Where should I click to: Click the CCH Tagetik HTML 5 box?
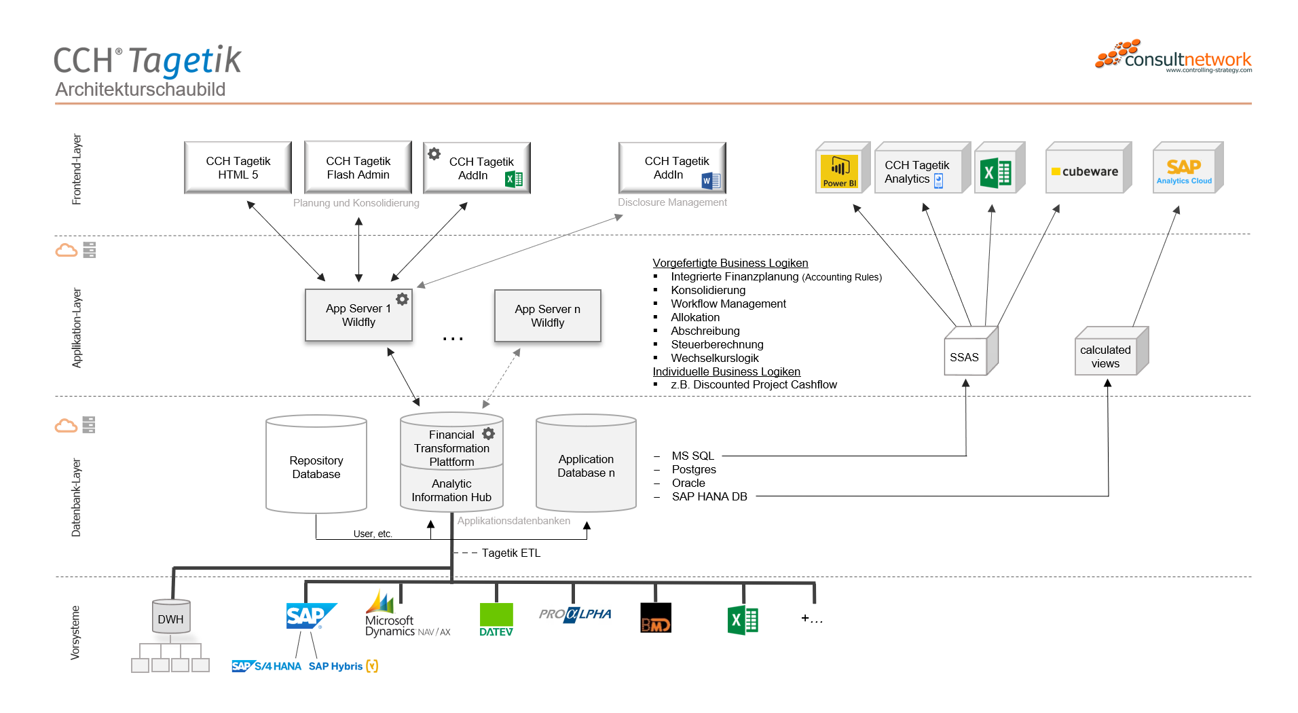[238, 168]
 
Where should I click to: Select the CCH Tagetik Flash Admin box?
[358, 168]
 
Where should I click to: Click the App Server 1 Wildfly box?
[358, 315]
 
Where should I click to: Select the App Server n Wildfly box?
[547, 316]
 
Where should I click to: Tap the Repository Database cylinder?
[316, 467]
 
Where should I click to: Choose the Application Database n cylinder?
[586, 466]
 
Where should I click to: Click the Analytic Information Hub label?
[451, 490]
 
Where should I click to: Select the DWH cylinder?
[170, 618]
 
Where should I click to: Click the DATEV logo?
[496, 619]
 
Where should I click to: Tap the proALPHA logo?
[575, 615]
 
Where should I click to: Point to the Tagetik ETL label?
[511, 553]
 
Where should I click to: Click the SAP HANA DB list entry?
[709, 496]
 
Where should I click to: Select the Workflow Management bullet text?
[728, 304]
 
